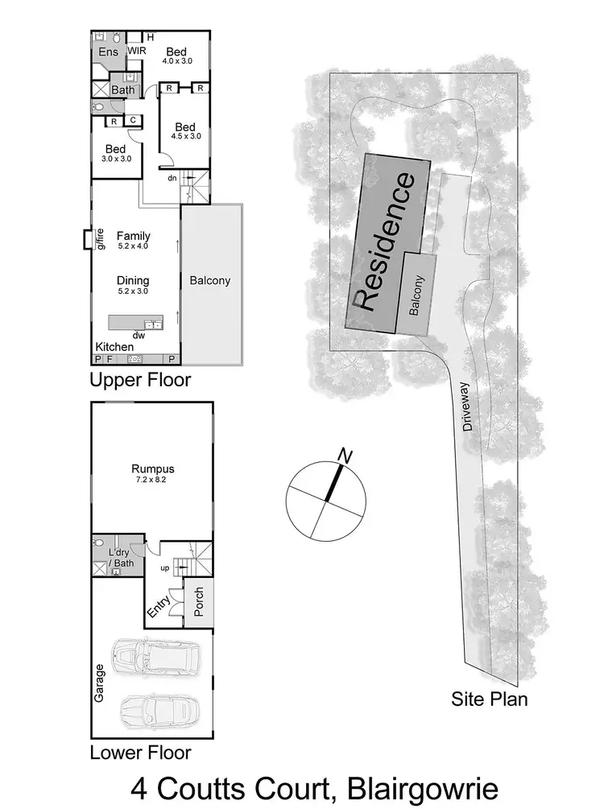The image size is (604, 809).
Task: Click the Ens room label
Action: [109, 52]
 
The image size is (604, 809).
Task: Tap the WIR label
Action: [136, 52]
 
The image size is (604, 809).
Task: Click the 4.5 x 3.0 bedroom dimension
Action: [185, 137]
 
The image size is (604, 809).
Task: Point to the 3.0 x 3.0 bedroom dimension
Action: [116, 159]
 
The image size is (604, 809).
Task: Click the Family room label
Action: [133, 235]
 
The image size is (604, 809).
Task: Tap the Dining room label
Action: [133, 280]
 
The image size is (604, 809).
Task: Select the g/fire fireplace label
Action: [101, 239]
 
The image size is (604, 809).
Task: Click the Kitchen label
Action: [114, 346]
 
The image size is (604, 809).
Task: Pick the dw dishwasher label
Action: [138, 335]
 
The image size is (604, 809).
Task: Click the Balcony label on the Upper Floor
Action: [210, 281]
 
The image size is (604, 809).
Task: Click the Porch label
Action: [199, 599]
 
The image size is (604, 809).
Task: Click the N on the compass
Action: [346, 456]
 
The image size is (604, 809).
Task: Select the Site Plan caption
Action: [489, 699]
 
